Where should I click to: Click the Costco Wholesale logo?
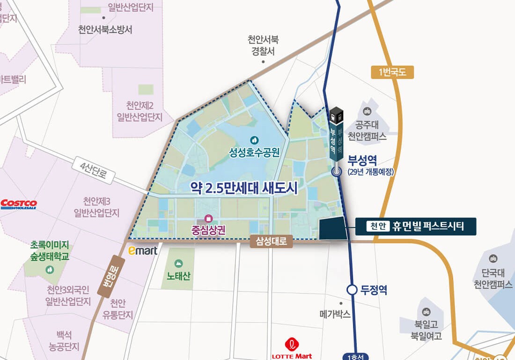19,204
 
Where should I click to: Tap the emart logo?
143,251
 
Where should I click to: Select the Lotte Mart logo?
292,349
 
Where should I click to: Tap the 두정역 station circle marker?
352,290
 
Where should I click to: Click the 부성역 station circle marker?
337,171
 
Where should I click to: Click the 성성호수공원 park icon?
254,140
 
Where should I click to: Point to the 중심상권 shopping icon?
208,219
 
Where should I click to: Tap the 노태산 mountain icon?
178,264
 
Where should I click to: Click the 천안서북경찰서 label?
263,46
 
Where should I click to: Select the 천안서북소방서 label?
105,29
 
